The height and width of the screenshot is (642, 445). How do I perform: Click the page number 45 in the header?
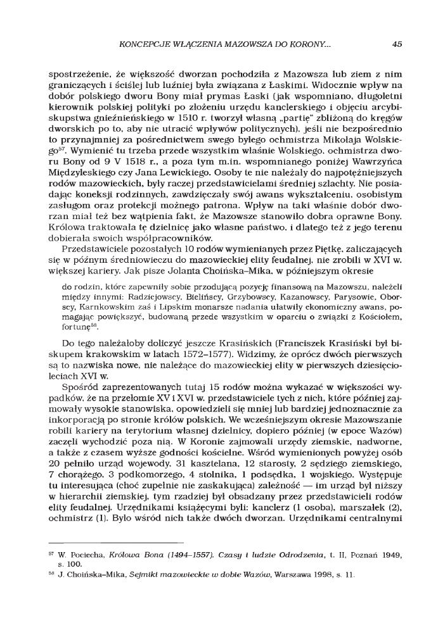(397, 44)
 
